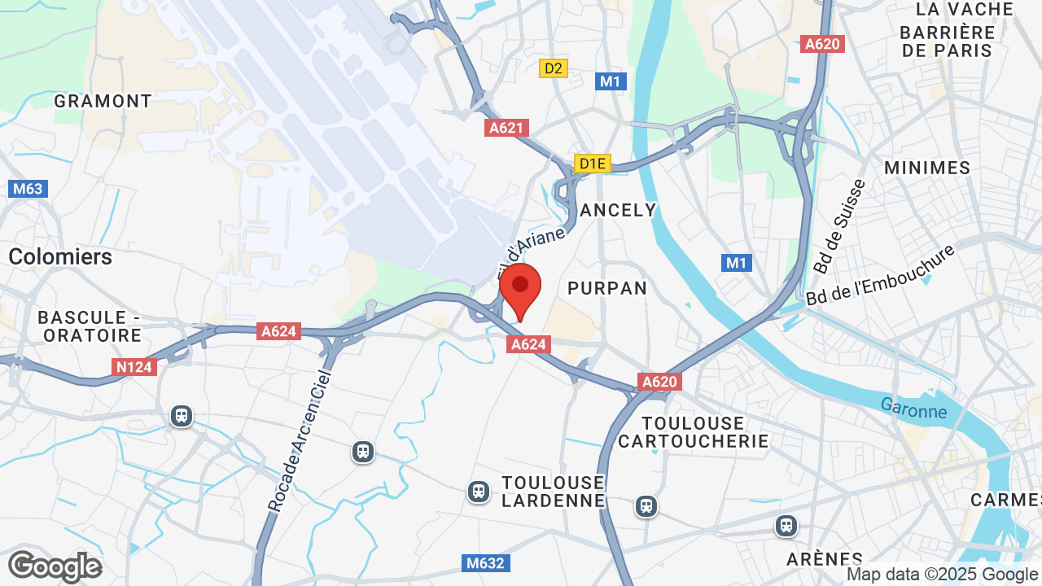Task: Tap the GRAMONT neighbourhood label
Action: [x=103, y=101]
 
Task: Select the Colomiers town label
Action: [x=60, y=256]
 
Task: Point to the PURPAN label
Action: [x=607, y=288]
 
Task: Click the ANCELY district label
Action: [x=618, y=210]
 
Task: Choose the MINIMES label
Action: [x=927, y=168]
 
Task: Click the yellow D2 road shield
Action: [x=554, y=68]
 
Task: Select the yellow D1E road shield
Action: [x=592, y=164]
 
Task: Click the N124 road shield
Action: [x=134, y=367]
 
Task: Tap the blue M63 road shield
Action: [x=28, y=189]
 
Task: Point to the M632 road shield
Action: [x=484, y=562]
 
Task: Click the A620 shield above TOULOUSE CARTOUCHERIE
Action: [x=659, y=382]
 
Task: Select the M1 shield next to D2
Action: [x=611, y=81]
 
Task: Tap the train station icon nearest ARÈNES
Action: [x=786, y=526]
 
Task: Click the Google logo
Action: [x=55, y=566]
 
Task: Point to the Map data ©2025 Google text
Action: [x=942, y=575]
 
